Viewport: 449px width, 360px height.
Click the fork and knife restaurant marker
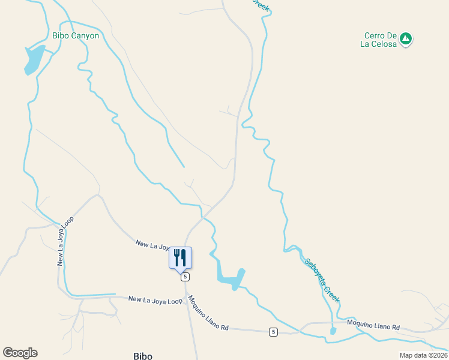tap(180, 257)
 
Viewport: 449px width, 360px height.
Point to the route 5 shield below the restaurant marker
tap(185, 277)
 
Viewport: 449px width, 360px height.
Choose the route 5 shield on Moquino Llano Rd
tap(273, 332)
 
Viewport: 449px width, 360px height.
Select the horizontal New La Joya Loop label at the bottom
tap(155, 300)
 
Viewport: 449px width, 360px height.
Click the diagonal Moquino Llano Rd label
tap(208, 313)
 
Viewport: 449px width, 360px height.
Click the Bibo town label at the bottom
tap(143, 356)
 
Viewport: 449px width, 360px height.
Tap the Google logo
tap(20, 353)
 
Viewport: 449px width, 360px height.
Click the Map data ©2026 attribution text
tap(423, 355)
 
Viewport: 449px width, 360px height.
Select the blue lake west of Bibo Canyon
tap(34, 59)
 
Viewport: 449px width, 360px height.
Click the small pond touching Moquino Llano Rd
tap(333, 331)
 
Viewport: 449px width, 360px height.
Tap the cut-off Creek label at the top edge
tap(261, 5)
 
